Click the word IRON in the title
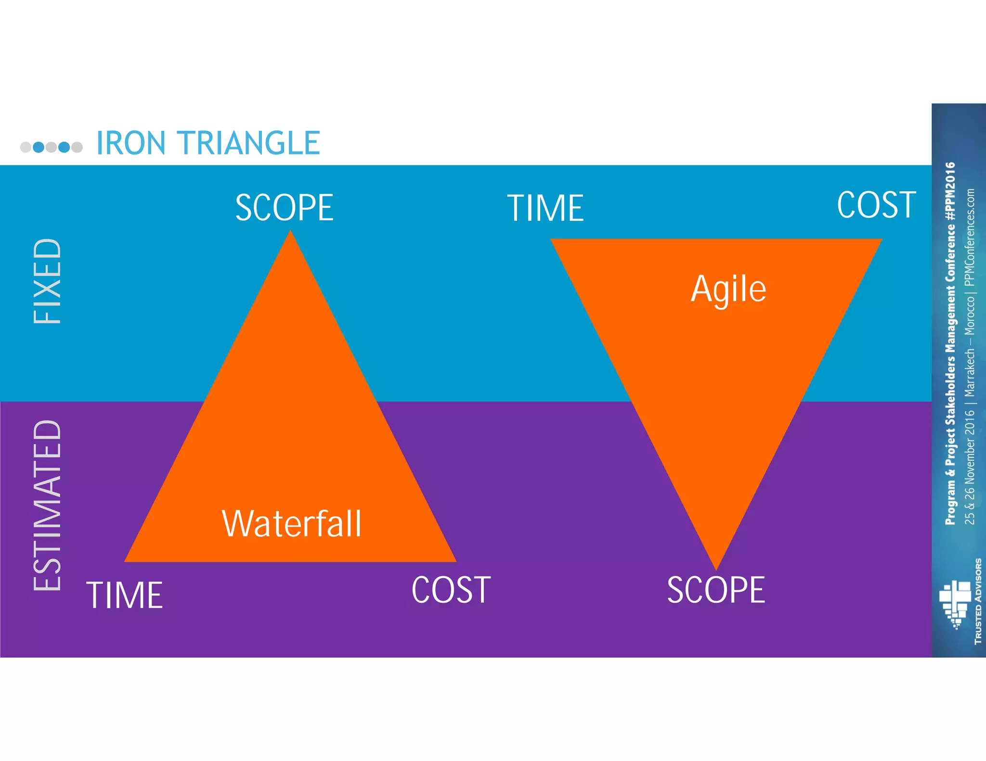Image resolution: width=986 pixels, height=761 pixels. pos(131,143)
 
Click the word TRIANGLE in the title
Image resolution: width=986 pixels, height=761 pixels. pos(249,143)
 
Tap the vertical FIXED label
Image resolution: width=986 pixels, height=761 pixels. pos(48,281)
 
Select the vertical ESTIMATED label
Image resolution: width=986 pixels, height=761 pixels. pos(48,505)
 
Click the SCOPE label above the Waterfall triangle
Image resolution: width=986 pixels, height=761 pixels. pos(284,208)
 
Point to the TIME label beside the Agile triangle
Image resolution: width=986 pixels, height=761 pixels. pos(545,208)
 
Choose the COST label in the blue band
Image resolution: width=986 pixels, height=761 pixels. pos(876,205)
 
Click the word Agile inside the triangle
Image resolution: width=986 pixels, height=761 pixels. pos(728,289)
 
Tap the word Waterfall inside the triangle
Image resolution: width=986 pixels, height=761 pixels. pos(291,524)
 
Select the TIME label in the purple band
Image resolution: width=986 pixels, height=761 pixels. pos(125,596)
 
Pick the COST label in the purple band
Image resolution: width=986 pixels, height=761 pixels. pos(451,590)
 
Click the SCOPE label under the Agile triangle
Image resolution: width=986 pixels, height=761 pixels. pos(716,590)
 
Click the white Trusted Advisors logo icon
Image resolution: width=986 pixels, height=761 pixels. pos(955,604)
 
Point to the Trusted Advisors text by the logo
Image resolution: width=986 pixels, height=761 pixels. pos(978,601)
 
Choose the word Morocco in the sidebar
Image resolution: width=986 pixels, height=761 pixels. pos(970,316)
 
